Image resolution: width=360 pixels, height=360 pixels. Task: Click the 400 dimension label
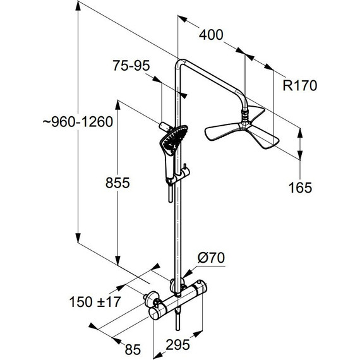point(211,35)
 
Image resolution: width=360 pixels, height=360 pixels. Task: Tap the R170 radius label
point(299,85)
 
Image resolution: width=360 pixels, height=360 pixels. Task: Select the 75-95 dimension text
point(131,66)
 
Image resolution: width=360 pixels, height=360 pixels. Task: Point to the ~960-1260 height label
point(78,122)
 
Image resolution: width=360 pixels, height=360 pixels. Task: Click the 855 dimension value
point(117,183)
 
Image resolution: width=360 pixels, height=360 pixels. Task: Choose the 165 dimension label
point(300,188)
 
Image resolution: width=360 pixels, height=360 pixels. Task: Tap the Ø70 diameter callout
point(211,258)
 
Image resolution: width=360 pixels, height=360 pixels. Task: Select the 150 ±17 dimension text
point(95,302)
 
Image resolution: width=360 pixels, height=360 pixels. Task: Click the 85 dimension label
point(133,350)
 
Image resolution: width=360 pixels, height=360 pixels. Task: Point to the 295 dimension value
point(177,345)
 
